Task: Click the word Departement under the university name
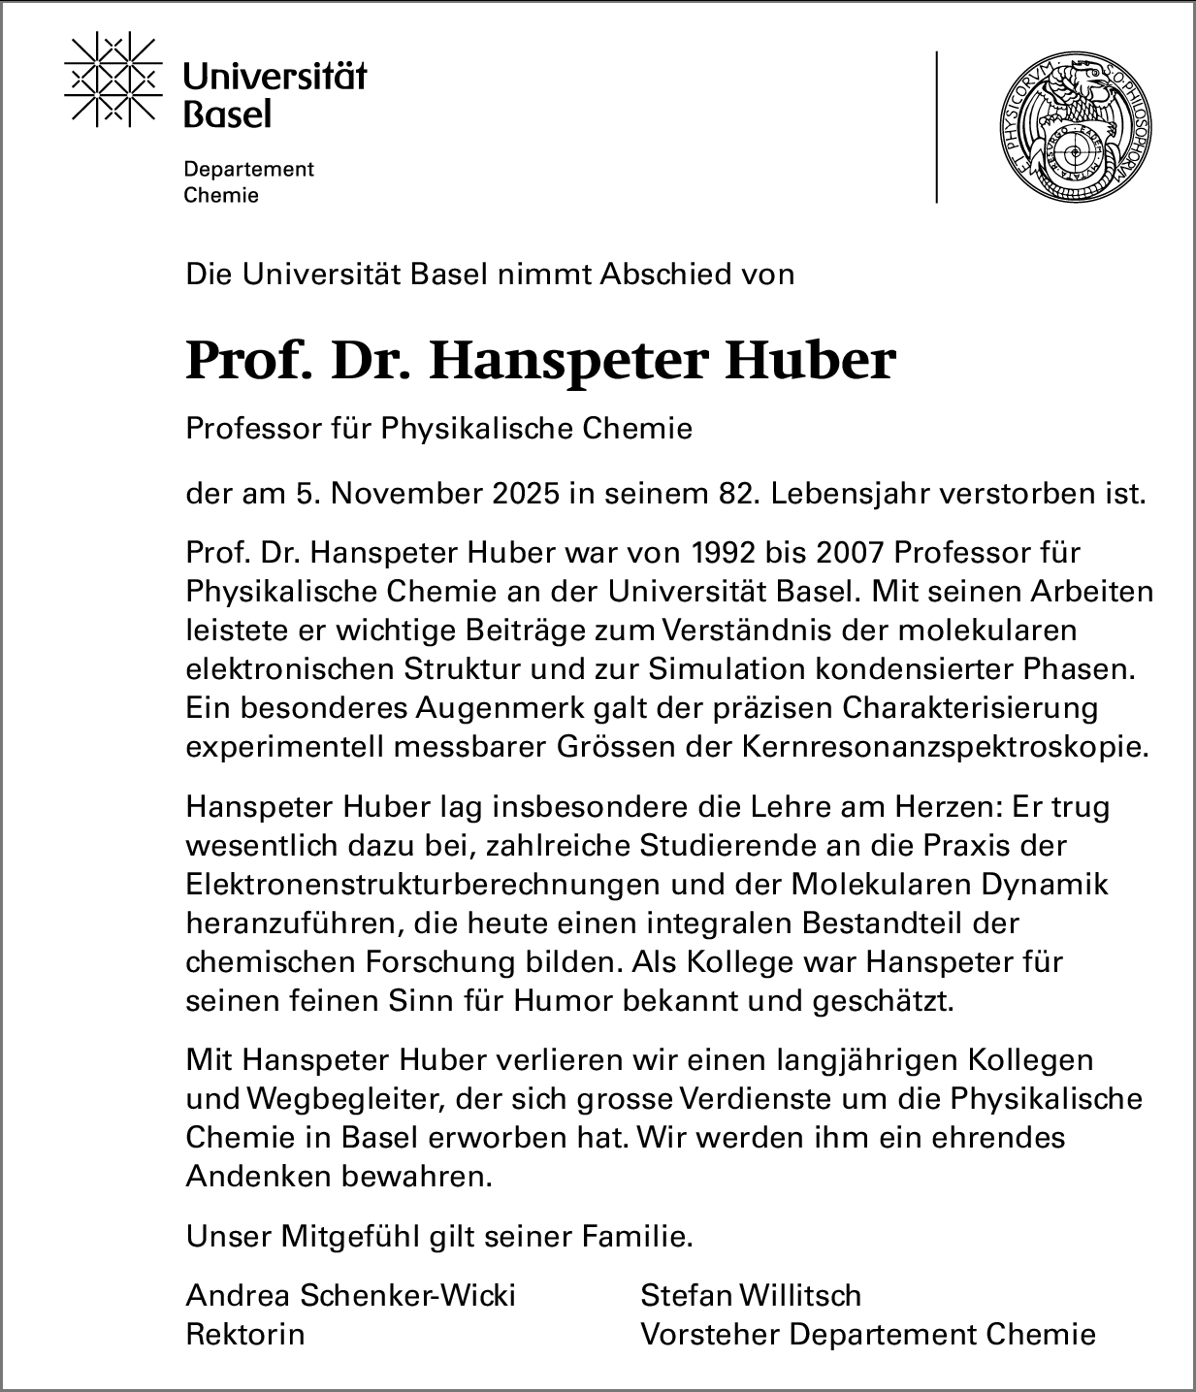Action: point(249,169)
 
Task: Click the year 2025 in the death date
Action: point(525,494)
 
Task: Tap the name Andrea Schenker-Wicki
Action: point(350,1295)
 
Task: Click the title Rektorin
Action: point(244,1334)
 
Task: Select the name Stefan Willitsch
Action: point(751,1295)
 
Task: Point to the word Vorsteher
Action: point(710,1334)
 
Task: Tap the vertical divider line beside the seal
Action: point(937,126)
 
